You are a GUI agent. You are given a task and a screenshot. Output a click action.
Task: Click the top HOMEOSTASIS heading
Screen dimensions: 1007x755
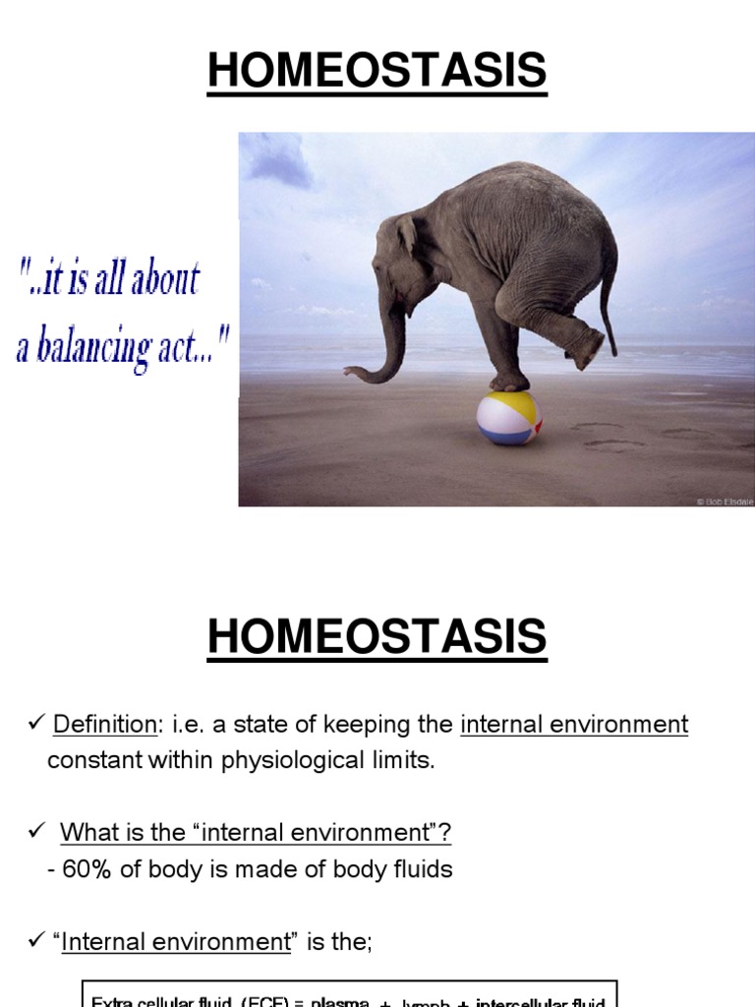(377, 71)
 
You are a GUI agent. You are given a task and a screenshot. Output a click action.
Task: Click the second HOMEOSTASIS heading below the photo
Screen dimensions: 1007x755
(377, 636)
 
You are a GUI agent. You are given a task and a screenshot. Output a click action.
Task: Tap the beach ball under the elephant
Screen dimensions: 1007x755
(508, 418)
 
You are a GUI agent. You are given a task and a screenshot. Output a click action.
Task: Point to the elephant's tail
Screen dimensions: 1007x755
(610, 295)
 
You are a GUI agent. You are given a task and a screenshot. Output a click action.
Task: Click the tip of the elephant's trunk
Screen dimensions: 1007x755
(350, 371)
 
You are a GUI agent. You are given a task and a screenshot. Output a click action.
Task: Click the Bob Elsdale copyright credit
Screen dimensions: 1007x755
(725, 501)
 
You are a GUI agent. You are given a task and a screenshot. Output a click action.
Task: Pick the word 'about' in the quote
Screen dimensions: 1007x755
(168, 278)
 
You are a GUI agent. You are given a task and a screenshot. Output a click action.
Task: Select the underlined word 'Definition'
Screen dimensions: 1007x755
(104, 726)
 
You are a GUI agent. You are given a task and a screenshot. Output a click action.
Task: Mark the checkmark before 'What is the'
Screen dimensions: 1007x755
(33, 833)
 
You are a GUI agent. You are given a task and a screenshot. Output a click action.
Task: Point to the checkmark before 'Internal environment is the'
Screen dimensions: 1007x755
(33, 941)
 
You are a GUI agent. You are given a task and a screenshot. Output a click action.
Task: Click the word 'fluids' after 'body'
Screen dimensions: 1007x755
(420, 870)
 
